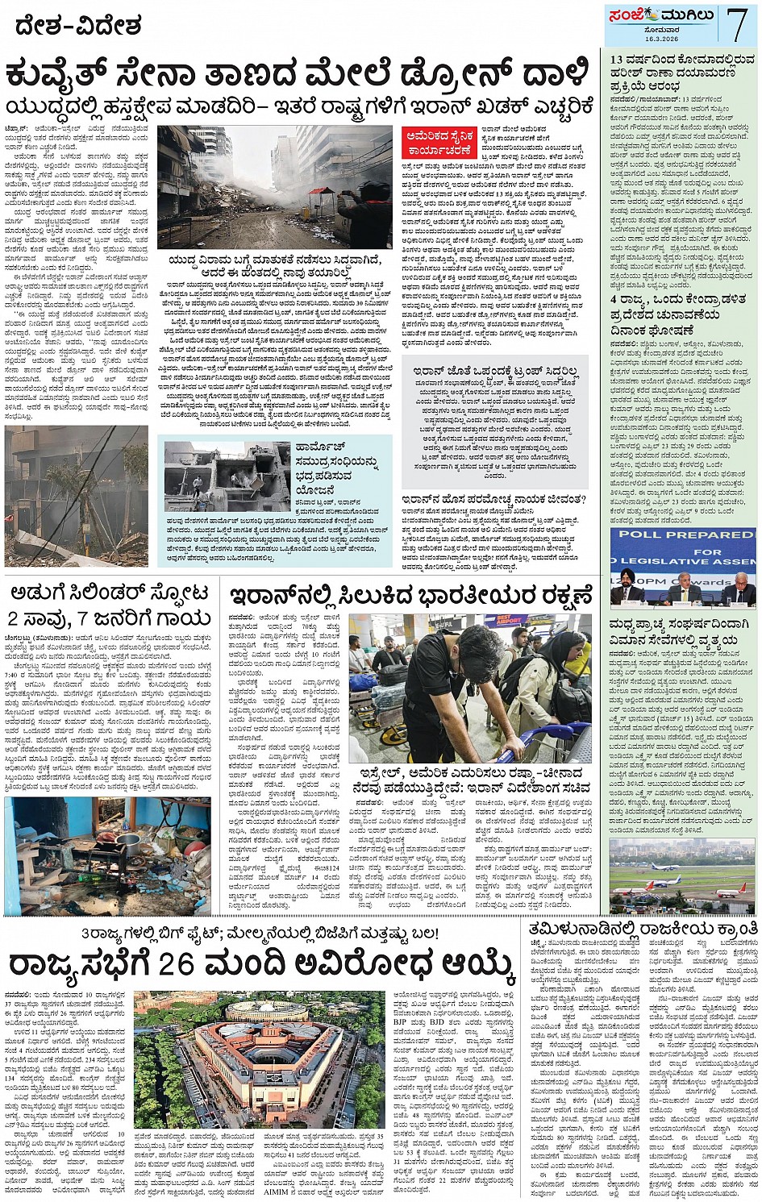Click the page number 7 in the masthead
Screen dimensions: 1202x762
[738, 24]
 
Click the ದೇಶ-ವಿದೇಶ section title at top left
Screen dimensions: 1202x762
[79, 27]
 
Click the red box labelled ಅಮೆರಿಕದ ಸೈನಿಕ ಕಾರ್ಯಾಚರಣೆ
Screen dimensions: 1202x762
[434, 143]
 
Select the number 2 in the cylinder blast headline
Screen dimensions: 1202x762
[14, 618]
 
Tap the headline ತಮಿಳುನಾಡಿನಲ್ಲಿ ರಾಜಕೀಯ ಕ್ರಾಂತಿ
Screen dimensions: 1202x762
[643, 929]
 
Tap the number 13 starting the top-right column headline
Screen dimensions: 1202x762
[618, 59]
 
